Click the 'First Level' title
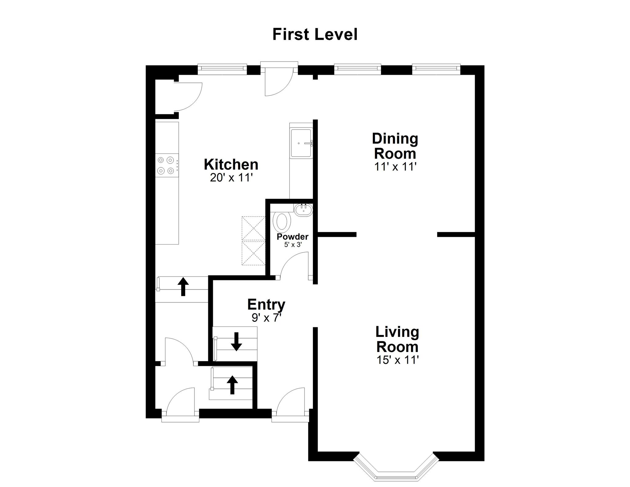(315, 34)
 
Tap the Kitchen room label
(231, 165)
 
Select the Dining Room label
(395, 146)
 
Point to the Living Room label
(397, 339)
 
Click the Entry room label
(266, 305)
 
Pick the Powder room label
(293, 237)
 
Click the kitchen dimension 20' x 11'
(231, 178)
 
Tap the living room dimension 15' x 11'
(398, 360)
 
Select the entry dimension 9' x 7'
(267, 318)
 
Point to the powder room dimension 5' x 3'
(293, 245)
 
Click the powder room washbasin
(303, 210)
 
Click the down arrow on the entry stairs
(236, 341)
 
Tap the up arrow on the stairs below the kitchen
(183, 286)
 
